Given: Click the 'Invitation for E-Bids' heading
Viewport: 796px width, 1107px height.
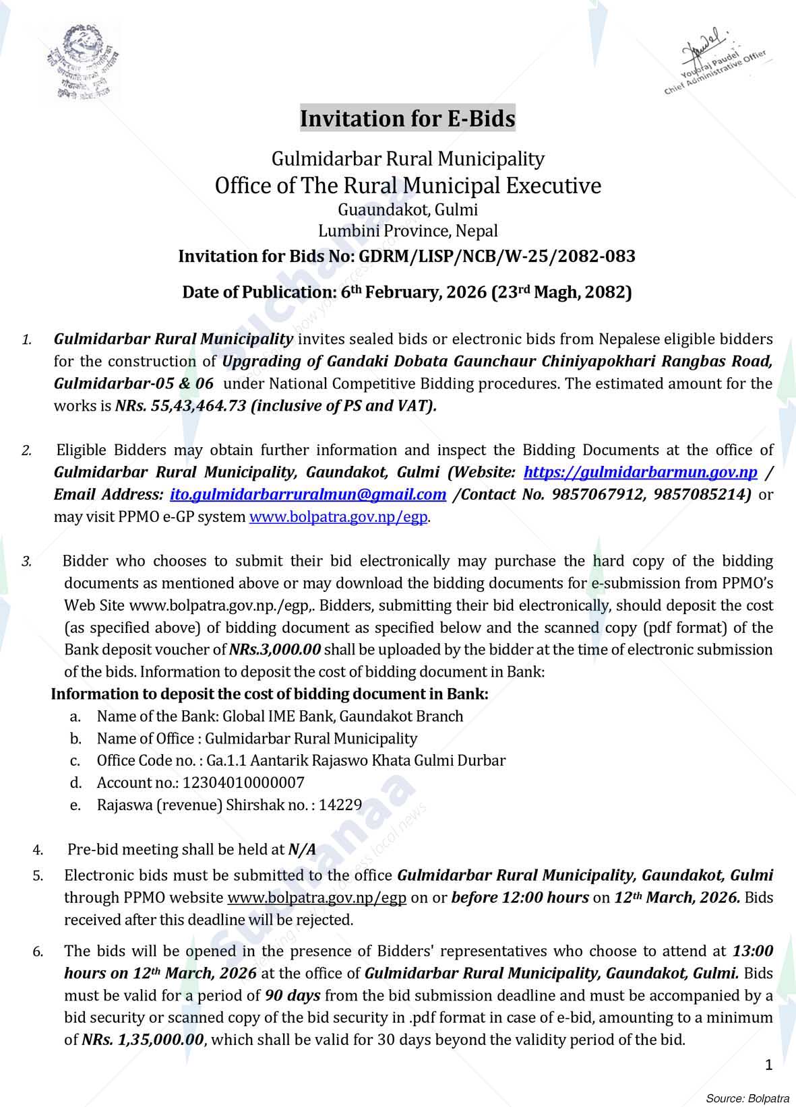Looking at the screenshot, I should point(407,119).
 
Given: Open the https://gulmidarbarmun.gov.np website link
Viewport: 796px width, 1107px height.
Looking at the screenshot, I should point(640,472).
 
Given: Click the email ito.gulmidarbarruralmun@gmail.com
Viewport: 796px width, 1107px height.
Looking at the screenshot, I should point(308,494).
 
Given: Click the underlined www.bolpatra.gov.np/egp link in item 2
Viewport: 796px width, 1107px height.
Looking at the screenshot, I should point(338,517).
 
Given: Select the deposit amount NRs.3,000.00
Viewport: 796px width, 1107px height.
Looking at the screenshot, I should point(275,650).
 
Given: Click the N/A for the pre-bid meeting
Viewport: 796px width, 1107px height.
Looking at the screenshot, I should point(302,850).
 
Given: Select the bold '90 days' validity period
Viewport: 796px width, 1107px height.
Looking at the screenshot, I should point(292,995).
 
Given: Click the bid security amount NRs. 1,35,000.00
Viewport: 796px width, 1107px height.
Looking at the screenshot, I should point(143,1040).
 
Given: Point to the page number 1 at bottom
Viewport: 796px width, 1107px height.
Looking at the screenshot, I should point(769,1065).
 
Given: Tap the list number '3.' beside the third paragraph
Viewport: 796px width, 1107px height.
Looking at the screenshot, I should point(27,562).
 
